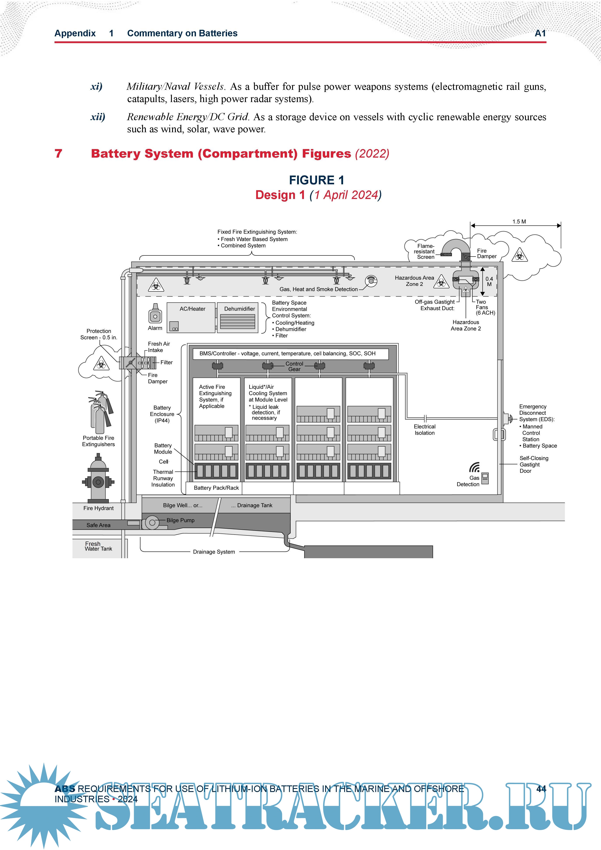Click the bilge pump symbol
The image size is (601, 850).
coord(152,522)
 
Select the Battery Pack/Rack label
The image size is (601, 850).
coord(216,488)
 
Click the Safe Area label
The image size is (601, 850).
coord(99,525)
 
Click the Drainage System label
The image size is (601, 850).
coord(214,552)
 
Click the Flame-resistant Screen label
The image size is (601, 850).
coord(425,251)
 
